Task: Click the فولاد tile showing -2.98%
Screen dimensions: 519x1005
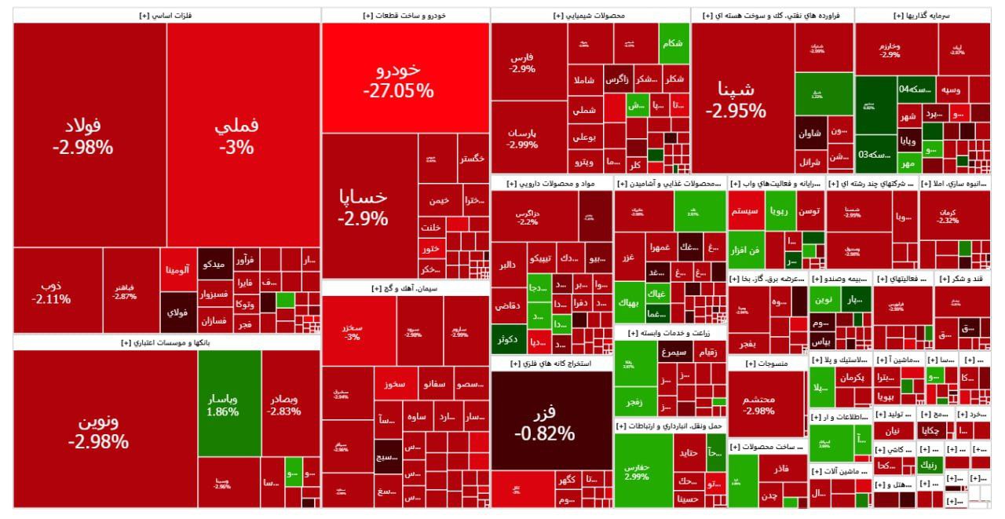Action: point(83,135)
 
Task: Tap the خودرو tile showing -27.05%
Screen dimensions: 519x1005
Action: point(398,79)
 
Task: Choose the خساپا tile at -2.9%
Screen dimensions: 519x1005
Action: point(363,207)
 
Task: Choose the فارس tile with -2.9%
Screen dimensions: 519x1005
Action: point(522,63)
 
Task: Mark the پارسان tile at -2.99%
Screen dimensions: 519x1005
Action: point(522,138)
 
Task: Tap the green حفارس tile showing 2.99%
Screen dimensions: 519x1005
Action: point(637,470)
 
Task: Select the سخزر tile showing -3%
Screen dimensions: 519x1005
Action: point(352,331)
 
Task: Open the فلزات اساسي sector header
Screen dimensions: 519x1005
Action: point(166,15)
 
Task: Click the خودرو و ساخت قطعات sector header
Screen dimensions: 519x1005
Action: point(405,15)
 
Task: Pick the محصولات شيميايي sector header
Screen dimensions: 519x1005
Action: point(590,15)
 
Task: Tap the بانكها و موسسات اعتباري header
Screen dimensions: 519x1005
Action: point(166,343)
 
